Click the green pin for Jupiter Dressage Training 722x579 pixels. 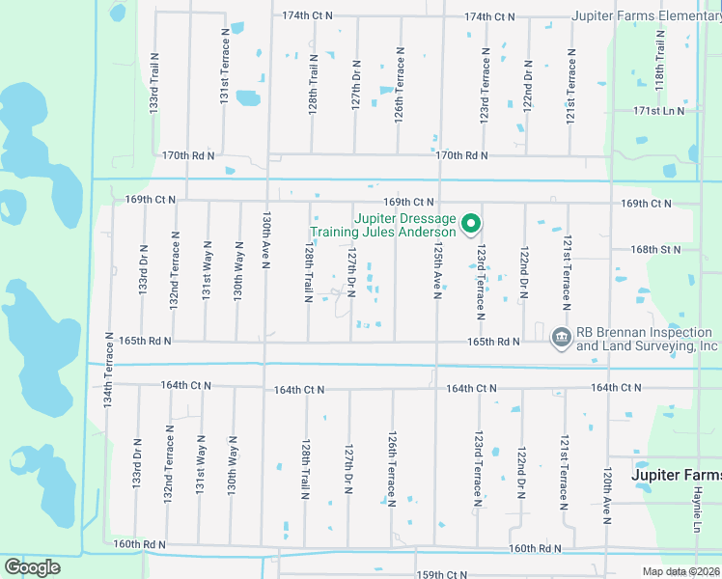[x=471, y=224]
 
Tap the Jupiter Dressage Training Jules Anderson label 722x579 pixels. [x=382, y=226]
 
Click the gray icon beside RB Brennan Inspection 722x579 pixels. [x=560, y=337]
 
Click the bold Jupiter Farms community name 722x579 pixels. [x=676, y=476]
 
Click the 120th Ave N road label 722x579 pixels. [x=607, y=496]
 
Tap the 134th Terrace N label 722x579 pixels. [x=110, y=377]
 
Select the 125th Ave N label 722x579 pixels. [x=437, y=270]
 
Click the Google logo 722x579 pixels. [x=32, y=567]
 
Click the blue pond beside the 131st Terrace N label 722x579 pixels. [x=248, y=97]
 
